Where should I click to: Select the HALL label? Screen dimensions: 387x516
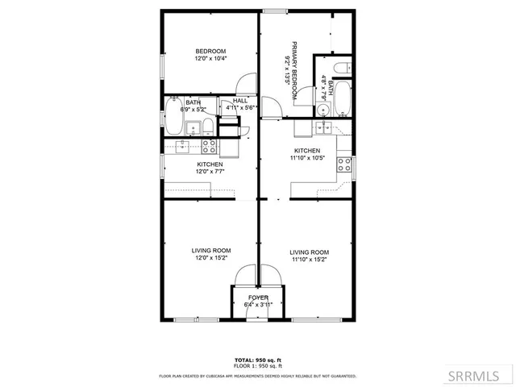[239, 101]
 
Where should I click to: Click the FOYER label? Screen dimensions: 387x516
[258, 297]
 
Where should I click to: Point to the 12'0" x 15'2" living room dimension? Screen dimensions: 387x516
[210, 258]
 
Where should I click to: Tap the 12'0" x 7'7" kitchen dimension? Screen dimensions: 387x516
[210, 171]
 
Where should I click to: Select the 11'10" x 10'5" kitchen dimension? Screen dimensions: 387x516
[307, 158]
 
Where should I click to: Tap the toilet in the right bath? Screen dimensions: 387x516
[341, 67]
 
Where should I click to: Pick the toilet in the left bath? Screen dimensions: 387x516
[208, 125]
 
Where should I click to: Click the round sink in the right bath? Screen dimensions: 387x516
[324, 126]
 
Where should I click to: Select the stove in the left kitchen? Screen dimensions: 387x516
[209, 146]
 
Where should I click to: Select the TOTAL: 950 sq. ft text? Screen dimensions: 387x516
[258, 359]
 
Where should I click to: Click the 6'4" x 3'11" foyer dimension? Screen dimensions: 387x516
[258, 304]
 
